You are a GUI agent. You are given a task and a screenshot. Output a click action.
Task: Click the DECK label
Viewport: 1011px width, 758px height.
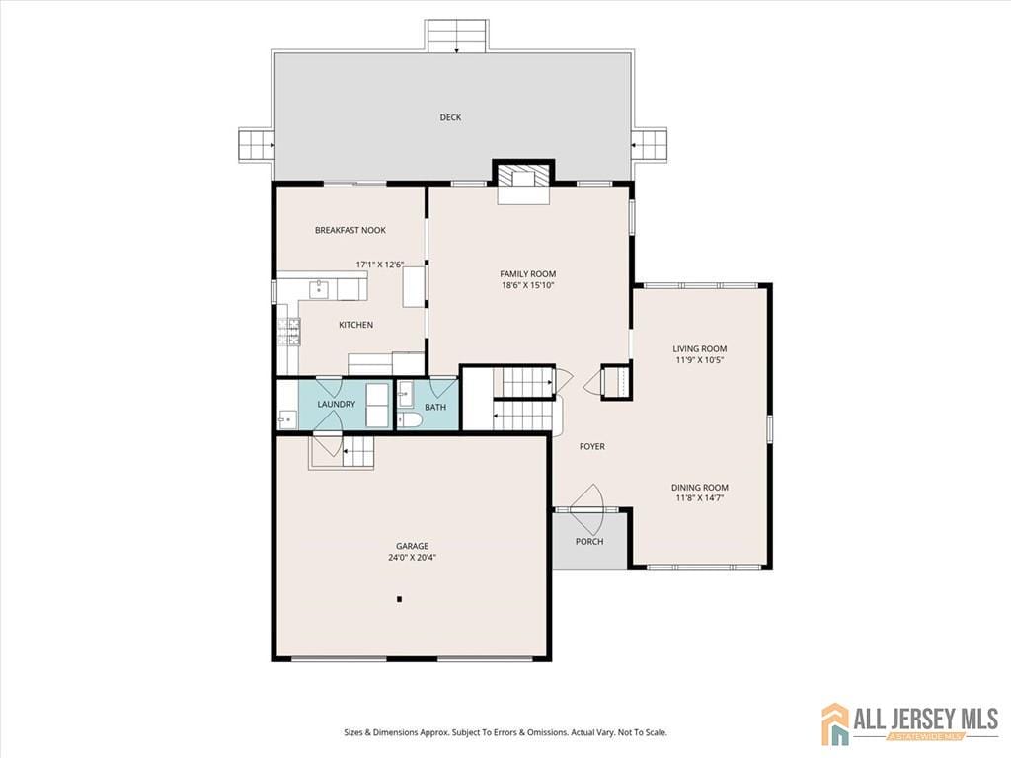[x=450, y=117]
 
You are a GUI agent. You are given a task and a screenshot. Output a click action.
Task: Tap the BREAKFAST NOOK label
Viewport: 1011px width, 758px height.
[x=350, y=230]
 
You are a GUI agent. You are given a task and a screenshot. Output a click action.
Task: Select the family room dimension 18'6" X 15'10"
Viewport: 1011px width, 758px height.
[x=527, y=286]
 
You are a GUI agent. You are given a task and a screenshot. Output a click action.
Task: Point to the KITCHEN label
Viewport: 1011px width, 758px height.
[x=355, y=325]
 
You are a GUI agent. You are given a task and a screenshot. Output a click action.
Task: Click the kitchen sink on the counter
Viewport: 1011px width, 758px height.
[x=319, y=287]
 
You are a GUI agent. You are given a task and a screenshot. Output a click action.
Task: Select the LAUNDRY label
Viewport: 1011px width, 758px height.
[x=337, y=405]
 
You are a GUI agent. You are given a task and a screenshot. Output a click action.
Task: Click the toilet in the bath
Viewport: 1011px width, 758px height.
[x=409, y=420]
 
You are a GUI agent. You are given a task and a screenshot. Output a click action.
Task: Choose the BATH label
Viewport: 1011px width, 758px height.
[x=435, y=407]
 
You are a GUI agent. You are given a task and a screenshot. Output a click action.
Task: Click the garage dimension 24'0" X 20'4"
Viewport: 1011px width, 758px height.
[x=413, y=558]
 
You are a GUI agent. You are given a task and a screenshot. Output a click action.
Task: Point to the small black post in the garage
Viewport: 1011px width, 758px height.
[x=399, y=598]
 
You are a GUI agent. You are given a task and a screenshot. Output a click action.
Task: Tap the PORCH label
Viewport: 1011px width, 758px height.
[x=589, y=541]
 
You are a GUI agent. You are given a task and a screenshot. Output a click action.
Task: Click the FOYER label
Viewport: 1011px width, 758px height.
[x=591, y=447]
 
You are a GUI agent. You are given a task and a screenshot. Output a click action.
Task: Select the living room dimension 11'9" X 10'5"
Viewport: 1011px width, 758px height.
[x=700, y=360]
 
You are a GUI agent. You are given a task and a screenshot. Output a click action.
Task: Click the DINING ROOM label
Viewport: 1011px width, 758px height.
[x=700, y=488]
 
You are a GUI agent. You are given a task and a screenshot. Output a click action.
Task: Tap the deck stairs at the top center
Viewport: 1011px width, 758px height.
[x=456, y=36]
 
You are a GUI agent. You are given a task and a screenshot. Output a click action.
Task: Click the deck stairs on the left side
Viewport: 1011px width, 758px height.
[x=256, y=146]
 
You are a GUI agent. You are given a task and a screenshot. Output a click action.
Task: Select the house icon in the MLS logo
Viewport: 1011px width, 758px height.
[x=835, y=722]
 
